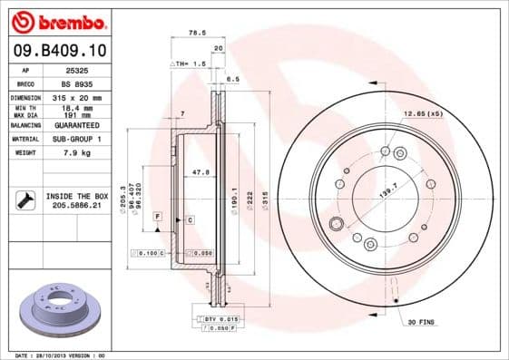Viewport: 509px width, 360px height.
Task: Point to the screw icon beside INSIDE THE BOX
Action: pos(24,200)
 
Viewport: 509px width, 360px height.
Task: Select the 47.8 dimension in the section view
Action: pos(204,171)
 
